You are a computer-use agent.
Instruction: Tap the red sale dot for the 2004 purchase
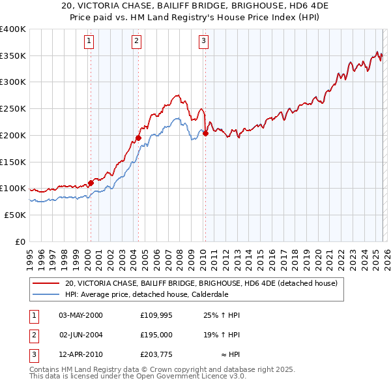coord(138,138)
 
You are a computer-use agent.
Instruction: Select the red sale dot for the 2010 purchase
coord(205,133)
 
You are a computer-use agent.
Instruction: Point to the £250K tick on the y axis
coord(13,108)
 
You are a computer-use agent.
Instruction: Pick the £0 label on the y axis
coord(21,241)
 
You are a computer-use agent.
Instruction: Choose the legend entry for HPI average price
coord(146,294)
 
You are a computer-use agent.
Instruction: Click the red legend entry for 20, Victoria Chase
coord(201,283)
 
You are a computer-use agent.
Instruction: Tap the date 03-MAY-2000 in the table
coord(81,315)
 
